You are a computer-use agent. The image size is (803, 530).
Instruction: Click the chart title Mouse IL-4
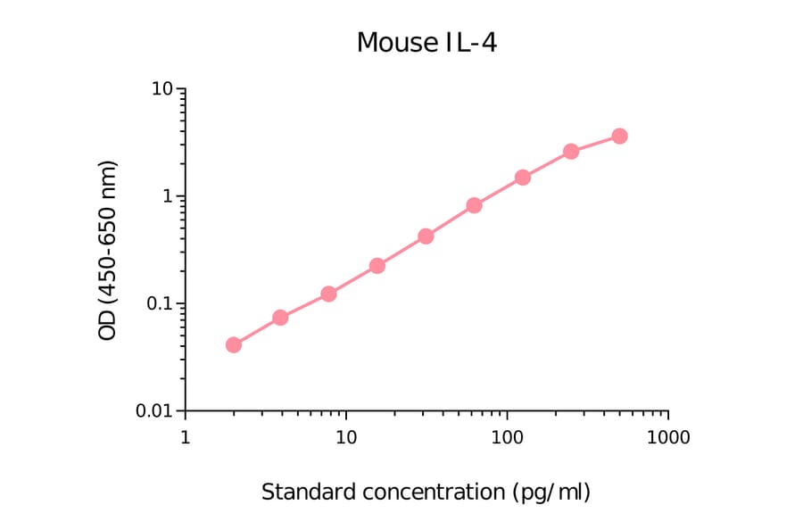coord(426,42)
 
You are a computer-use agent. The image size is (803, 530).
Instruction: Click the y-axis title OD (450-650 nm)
coord(108,250)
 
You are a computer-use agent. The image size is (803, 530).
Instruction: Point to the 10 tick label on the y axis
coord(161,89)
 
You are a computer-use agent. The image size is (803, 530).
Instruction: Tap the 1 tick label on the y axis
coord(168,196)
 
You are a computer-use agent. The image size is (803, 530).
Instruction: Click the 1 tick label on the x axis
coord(185,438)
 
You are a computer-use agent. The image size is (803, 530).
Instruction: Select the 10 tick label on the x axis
coord(346,438)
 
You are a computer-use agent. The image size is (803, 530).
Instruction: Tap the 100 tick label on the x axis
coord(507,438)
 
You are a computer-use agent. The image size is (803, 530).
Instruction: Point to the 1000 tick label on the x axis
coord(668,438)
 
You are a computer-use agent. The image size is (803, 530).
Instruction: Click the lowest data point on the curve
coord(234,344)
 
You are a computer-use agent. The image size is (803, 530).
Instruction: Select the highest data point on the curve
coord(619,136)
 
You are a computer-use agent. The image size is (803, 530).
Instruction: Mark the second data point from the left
coord(280,317)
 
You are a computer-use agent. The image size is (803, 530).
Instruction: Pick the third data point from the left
coord(328,294)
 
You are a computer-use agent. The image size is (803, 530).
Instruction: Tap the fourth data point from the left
coord(377,266)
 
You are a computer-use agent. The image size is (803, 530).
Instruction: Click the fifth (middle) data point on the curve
coord(426,236)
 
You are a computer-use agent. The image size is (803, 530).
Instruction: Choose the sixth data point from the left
coord(474,205)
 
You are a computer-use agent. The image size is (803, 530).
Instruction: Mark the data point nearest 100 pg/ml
coord(523,178)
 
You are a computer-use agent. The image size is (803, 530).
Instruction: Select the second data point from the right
coord(571,152)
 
